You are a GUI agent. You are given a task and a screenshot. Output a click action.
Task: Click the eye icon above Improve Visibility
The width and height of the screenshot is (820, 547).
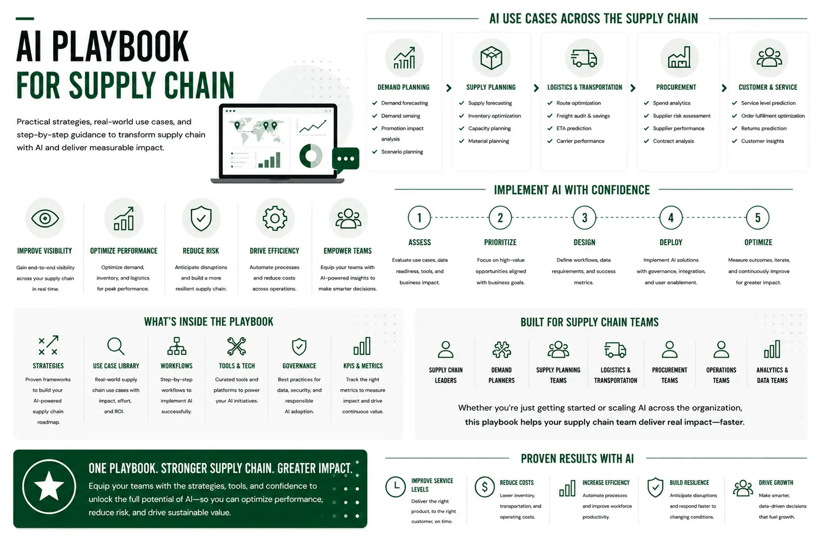click(x=45, y=218)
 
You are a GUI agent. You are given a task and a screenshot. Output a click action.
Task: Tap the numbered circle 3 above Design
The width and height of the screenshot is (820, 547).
click(x=585, y=218)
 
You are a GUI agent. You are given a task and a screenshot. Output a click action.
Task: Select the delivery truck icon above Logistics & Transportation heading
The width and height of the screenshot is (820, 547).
click(x=585, y=58)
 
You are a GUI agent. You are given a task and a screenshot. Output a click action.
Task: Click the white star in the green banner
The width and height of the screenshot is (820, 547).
click(x=49, y=486)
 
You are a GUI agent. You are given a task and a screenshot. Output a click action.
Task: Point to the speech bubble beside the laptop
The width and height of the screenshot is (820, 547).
click(x=346, y=159)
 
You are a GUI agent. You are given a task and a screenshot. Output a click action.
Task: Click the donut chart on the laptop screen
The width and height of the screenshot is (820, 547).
click(x=311, y=156)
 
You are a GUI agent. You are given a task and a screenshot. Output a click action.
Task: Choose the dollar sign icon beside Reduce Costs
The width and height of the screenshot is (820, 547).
click(x=485, y=487)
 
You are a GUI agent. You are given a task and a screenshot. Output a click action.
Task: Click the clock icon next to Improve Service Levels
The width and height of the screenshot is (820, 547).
click(x=395, y=487)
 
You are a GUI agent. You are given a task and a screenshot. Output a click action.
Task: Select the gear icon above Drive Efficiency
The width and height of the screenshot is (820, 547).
click(x=275, y=218)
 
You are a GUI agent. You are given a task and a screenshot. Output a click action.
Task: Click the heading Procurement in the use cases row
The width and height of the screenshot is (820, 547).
click(x=676, y=87)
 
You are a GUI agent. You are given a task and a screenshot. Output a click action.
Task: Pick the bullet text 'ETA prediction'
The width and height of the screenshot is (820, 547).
click(x=573, y=128)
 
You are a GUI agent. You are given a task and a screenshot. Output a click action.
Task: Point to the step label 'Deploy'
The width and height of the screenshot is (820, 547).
click(x=671, y=242)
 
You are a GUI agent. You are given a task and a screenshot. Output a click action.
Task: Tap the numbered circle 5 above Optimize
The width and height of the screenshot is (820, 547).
click(x=758, y=218)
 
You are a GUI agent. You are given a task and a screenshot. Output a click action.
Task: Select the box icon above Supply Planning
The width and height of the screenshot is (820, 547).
click(x=491, y=58)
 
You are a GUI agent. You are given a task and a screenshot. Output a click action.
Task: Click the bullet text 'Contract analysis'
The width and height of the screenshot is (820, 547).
click(x=673, y=141)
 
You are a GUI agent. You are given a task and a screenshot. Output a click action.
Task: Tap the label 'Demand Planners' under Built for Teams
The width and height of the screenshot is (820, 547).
click(x=501, y=375)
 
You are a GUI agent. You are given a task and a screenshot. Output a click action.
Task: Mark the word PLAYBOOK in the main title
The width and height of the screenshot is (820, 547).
click(x=120, y=46)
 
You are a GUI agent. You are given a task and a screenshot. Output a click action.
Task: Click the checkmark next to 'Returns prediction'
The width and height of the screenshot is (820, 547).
click(x=734, y=128)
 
